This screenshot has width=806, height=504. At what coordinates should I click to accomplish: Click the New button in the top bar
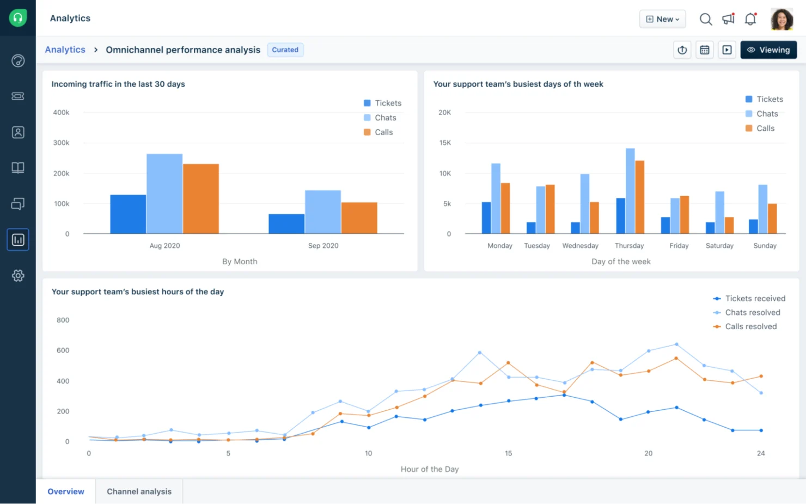click(x=662, y=19)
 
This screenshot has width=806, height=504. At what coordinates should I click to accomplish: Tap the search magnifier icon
click(x=705, y=19)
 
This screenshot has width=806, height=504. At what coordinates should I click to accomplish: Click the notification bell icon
click(x=750, y=19)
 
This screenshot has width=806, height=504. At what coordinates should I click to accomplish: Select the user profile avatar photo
click(x=781, y=19)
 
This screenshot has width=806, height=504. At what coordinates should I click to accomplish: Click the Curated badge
click(x=285, y=50)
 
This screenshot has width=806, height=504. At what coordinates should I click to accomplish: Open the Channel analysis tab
click(x=139, y=491)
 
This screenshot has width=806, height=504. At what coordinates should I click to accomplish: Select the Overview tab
click(x=66, y=491)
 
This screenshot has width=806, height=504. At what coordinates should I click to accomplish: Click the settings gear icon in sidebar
click(x=18, y=276)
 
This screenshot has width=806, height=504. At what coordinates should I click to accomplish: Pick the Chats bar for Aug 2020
click(x=164, y=193)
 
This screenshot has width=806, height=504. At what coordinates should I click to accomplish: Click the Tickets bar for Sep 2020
click(x=286, y=224)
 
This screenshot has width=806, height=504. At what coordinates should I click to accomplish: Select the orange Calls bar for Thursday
click(x=639, y=197)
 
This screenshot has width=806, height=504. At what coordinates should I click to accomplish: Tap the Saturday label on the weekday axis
click(x=719, y=246)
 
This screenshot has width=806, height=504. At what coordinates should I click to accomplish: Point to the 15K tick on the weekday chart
click(x=445, y=143)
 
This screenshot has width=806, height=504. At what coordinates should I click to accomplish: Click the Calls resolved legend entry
click(x=750, y=326)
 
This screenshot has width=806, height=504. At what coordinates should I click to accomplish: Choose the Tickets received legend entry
click(x=755, y=299)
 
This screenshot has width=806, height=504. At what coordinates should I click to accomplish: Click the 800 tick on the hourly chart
click(x=63, y=320)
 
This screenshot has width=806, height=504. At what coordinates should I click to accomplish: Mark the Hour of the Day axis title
click(x=430, y=469)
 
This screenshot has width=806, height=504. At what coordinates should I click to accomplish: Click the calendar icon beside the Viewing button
click(x=705, y=50)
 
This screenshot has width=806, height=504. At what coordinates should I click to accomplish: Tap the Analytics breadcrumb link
click(x=65, y=50)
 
